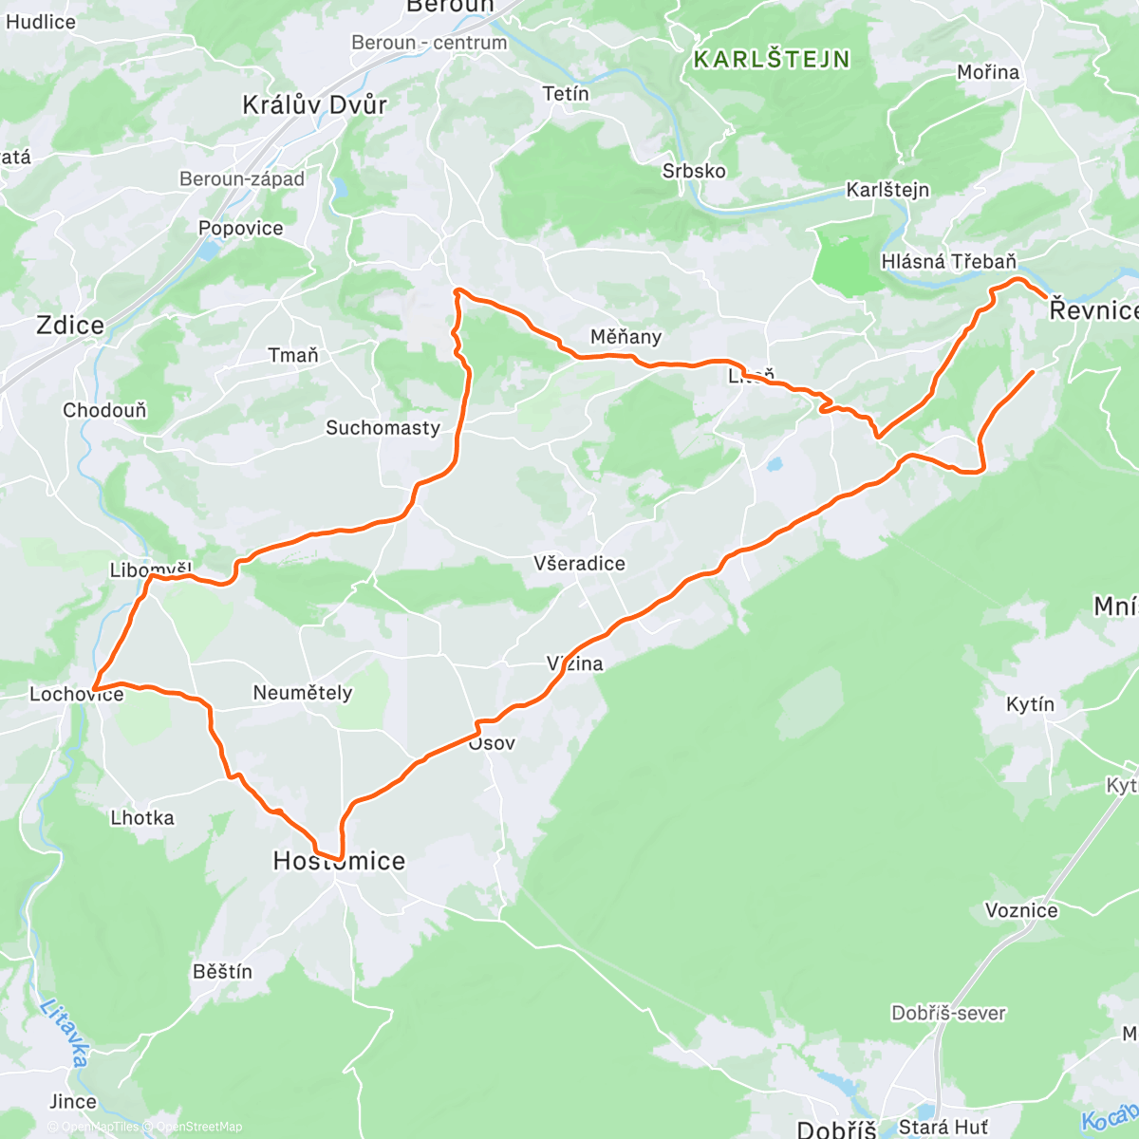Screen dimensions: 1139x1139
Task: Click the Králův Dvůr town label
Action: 314,104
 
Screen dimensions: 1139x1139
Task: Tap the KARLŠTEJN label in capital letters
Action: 772,59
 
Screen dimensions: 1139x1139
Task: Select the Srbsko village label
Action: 694,171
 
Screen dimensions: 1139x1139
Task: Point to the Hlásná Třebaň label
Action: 948,261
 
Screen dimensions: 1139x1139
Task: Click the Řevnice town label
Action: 1092,310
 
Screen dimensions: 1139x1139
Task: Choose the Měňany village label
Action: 626,337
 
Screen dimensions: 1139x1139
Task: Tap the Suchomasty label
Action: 383,428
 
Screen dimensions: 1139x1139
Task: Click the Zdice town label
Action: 69,326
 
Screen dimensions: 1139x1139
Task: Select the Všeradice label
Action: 579,564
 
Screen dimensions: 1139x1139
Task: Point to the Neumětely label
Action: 302,693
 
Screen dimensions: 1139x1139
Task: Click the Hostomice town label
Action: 339,861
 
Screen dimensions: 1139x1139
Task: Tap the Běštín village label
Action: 222,971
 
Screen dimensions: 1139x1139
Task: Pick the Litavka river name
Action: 65,1032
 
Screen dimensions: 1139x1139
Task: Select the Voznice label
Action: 1021,911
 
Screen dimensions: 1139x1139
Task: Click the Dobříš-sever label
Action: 948,1013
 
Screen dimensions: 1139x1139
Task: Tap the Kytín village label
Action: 1030,704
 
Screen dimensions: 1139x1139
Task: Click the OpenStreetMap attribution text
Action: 198,1127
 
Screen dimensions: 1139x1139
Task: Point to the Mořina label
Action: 988,72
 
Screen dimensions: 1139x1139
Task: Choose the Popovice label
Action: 240,228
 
